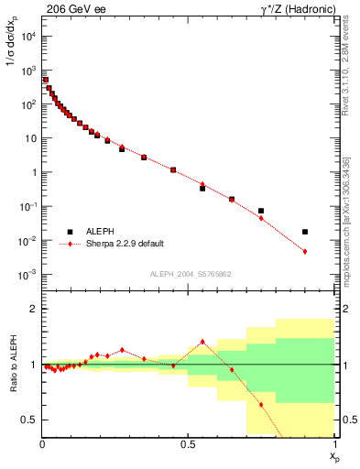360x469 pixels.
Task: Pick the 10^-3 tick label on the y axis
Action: coord(27,275)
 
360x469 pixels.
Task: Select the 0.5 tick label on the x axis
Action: coord(188,444)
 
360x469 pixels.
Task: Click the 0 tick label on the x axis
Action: coord(43,444)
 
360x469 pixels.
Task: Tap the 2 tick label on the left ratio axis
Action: coord(33,309)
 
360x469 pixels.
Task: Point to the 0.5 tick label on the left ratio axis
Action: coord(29,420)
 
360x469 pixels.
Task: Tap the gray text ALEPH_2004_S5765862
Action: coord(189,274)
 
